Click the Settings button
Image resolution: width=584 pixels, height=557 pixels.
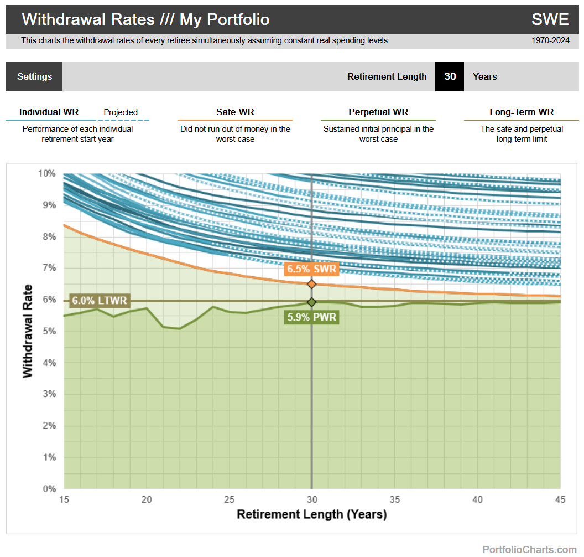click(34, 76)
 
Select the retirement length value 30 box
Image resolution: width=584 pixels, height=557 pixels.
click(450, 76)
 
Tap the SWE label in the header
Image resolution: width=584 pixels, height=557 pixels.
click(550, 19)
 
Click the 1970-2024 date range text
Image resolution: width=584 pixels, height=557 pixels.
click(550, 40)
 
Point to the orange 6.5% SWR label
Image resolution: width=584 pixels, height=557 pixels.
click(311, 269)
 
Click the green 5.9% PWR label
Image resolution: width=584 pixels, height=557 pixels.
click(312, 317)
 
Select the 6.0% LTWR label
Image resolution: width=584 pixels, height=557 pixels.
click(100, 301)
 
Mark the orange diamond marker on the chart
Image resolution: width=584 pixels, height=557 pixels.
click(312, 284)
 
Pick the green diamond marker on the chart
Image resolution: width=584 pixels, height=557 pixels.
click(312, 302)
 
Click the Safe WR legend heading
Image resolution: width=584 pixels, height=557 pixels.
click(235, 112)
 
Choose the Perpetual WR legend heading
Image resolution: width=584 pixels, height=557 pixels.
click(378, 112)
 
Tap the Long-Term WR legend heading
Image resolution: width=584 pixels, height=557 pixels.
click(522, 112)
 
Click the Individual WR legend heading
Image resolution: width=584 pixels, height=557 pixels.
click(49, 112)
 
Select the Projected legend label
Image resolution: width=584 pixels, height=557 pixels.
click(121, 112)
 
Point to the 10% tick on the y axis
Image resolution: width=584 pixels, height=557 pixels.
click(47, 173)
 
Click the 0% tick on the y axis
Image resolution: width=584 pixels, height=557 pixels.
click(49, 489)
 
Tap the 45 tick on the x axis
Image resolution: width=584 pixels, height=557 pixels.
click(560, 499)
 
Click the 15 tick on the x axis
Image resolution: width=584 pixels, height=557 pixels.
click(64, 499)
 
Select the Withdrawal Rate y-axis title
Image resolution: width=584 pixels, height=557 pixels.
click(28, 331)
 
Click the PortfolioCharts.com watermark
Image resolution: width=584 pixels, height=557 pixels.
click(529, 550)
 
